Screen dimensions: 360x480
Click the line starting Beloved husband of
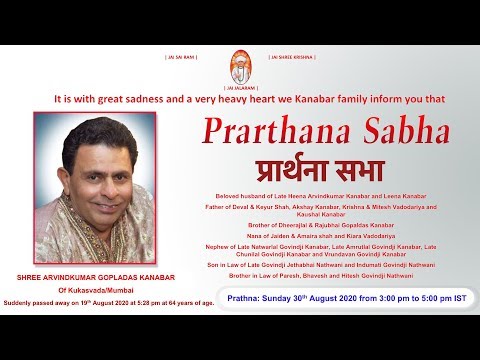pyautogui.click(x=332, y=193)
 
